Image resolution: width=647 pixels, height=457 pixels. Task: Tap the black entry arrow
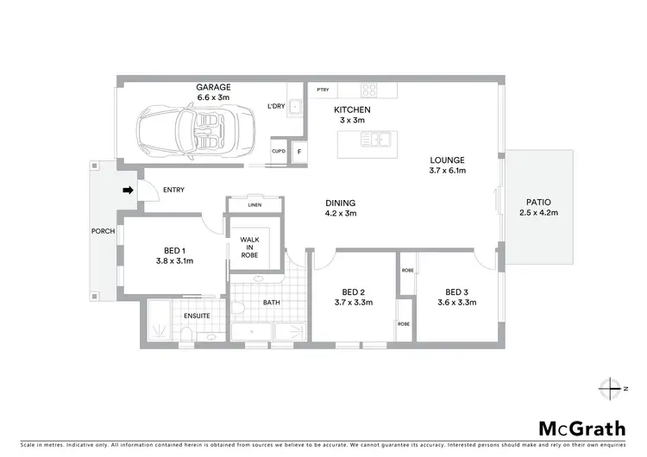128,190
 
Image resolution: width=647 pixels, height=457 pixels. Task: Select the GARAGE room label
212,88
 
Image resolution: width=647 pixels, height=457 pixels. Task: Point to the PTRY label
323,90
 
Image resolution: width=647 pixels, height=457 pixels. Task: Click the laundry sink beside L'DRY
296,107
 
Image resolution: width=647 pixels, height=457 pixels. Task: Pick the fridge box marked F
299,152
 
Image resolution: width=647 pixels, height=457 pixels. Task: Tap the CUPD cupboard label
279,152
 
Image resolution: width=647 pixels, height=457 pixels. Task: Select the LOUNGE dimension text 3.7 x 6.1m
447,171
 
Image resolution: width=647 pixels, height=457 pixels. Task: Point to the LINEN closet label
254,205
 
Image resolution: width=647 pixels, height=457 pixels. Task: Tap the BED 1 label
173,249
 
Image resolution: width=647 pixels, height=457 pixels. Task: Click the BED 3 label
457,291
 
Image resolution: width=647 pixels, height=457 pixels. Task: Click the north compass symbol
613,388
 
